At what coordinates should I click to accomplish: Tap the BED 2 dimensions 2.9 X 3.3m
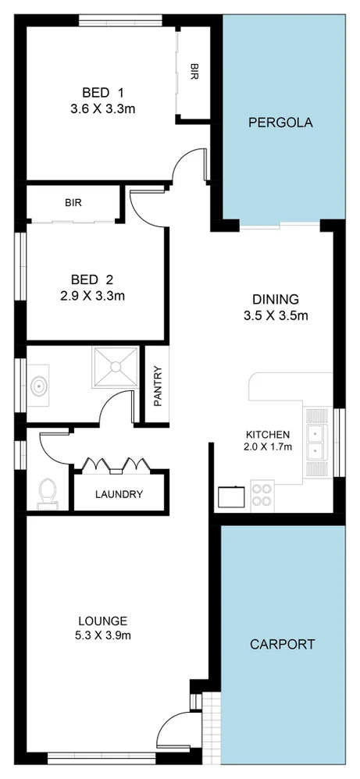click(93, 296)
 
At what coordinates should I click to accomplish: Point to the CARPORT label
click(282, 644)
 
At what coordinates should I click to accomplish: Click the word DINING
click(275, 299)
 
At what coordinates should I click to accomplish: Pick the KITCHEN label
click(268, 435)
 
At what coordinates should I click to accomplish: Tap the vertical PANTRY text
click(157, 386)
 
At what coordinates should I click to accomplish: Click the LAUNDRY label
click(119, 494)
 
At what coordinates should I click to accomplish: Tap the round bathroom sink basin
click(38, 385)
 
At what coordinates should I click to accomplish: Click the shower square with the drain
click(115, 367)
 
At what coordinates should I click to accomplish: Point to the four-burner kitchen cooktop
click(262, 495)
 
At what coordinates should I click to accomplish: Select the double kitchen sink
click(316, 443)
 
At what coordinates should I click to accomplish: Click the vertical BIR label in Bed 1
click(194, 73)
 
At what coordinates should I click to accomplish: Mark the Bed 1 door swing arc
click(187, 165)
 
